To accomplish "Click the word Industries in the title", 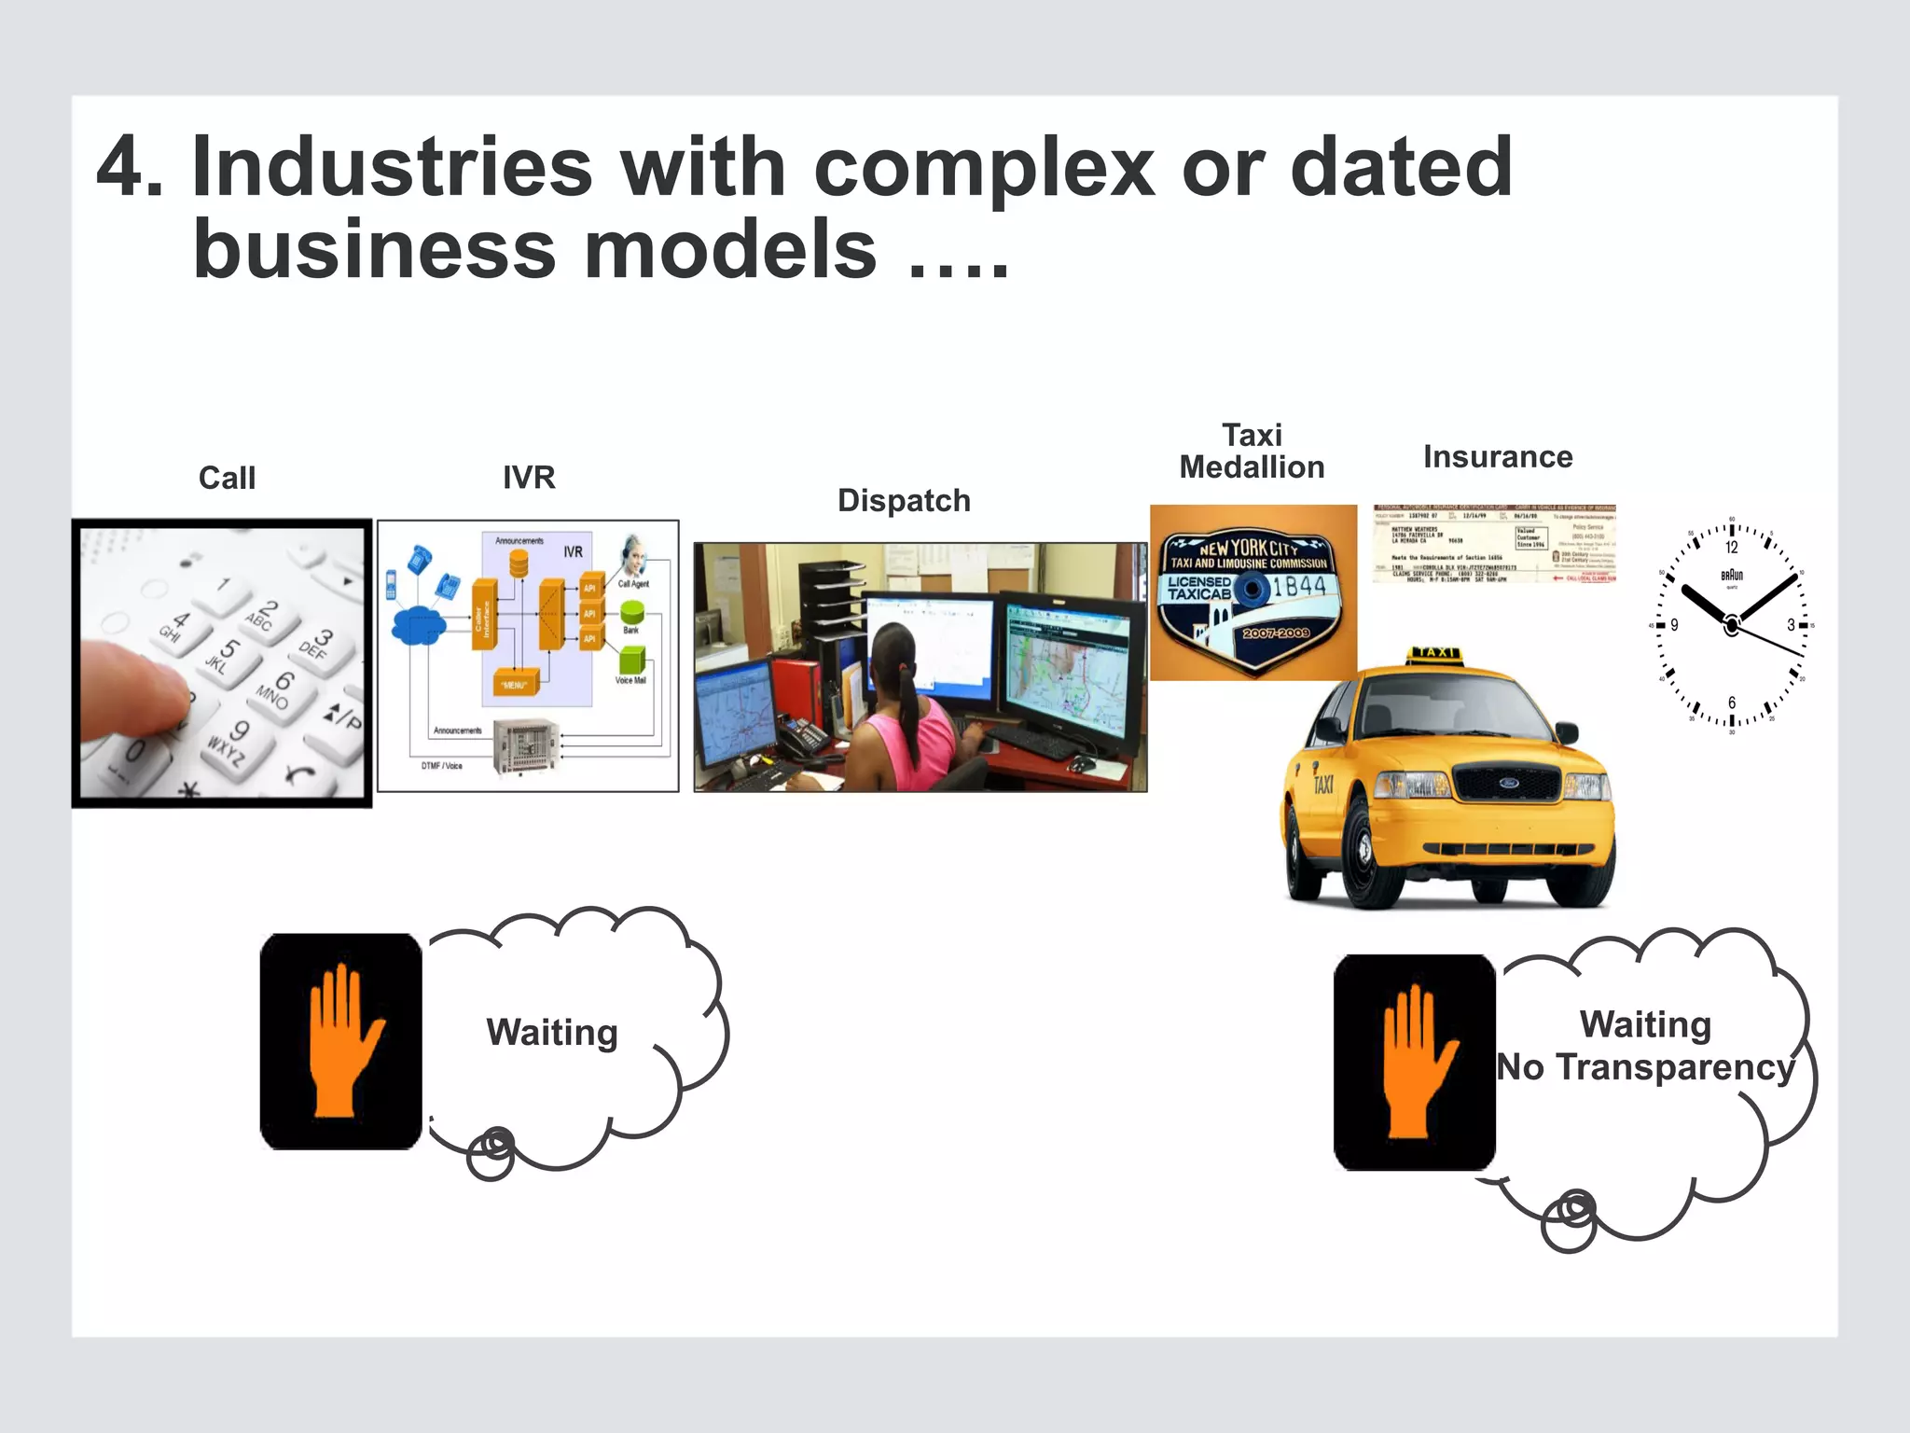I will pos(392,168).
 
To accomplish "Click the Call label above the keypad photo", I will pos(227,478).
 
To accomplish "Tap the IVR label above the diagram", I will pos(529,478).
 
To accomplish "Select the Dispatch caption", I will pos(904,501).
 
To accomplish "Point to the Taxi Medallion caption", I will pos(1252,452).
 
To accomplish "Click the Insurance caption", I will pos(1498,457).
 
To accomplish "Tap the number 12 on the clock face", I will pos(1732,548).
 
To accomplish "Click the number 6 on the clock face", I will pos(1732,703).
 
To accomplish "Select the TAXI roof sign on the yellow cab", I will pos(1437,653).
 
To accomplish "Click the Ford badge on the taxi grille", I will pos(1509,784).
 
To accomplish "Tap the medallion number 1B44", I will pos(1299,586).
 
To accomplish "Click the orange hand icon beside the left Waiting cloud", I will pos(341,1040).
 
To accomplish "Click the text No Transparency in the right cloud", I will pos(1646,1067).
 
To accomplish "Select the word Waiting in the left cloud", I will pos(552,1033).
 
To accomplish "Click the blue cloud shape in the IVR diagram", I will pos(417,625).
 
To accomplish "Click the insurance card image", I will pos(1494,544).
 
